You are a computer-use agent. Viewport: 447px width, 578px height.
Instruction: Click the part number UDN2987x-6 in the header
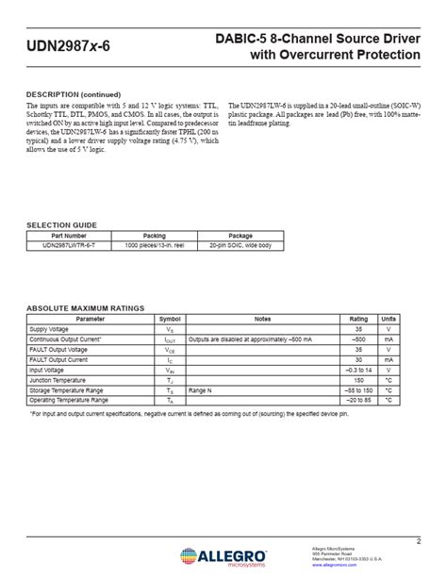click(x=61, y=45)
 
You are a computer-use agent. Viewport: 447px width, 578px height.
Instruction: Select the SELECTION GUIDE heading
click(x=61, y=224)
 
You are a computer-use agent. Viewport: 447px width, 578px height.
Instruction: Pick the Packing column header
click(x=154, y=235)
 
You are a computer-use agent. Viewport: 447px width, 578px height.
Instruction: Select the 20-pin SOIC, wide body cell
click(x=240, y=244)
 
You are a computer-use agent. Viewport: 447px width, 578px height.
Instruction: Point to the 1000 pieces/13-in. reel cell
click(x=154, y=244)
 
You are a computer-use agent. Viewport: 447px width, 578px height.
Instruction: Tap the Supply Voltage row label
click(x=50, y=329)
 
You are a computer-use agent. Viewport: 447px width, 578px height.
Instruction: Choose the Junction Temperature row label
click(x=58, y=380)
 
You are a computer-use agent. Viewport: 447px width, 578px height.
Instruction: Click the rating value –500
click(x=358, y=339)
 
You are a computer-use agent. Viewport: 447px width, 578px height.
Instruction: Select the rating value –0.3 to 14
click(x=358, y=370)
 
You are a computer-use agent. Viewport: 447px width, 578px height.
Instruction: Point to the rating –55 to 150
click(x=358, y=390)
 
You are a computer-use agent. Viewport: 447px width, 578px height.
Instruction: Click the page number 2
click(x=417, y=539)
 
